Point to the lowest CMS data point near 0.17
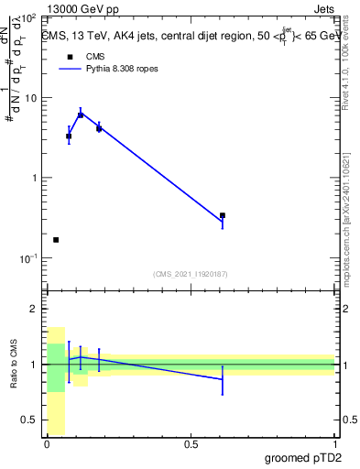[56, 240]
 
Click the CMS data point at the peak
[81, 115]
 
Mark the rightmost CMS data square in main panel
[223, 215]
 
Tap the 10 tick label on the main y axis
[30, 98]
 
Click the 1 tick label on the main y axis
[34, 178]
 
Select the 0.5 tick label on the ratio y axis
[28, 420]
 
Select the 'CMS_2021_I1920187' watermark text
[191, 273]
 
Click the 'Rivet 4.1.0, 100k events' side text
[345, 69]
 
